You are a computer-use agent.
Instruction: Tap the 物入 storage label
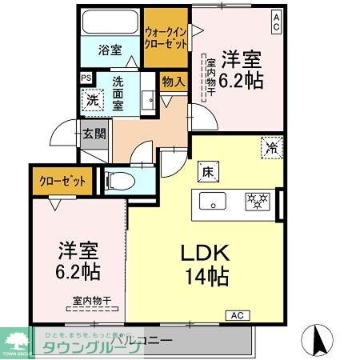pyautogui.click(x=174, y=81)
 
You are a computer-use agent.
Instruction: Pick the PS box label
pyautogui.click(x=86, y=78)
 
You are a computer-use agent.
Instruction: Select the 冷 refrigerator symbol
pyautogui.click(x=272, y=147)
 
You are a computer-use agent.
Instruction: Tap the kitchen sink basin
pyautogui.click(x=213, y=200)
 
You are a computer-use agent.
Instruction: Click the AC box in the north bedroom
pyautogui.click(x=275, y=16)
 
